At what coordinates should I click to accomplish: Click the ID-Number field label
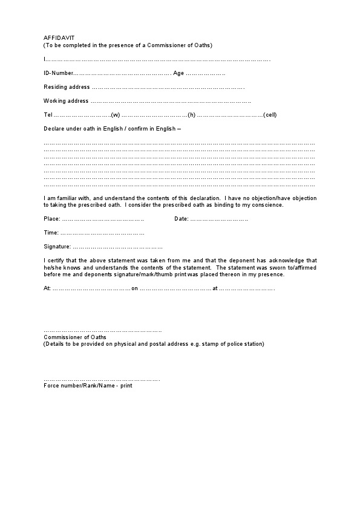57,73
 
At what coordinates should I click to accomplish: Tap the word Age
178,73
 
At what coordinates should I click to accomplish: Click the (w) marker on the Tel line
115,115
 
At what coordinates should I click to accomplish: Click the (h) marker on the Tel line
191,115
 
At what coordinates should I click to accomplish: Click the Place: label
52,219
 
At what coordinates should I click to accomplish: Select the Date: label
182,219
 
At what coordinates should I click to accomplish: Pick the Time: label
51,233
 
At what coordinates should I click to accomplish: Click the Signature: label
57,247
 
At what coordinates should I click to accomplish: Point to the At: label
47,288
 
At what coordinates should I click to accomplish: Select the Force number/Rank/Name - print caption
87,386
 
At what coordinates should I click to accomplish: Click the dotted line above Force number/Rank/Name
102,380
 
